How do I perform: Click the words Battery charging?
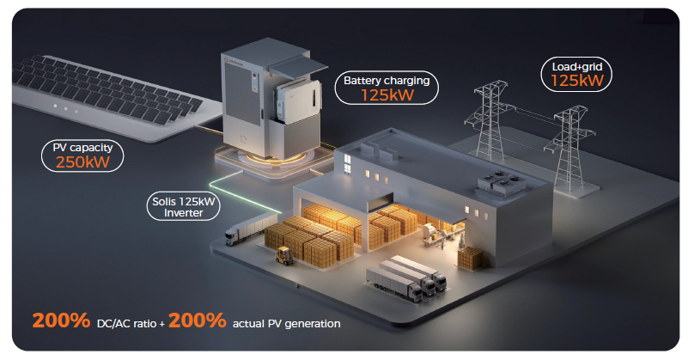tap(387, 81)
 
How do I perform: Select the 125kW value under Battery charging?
tap(387, 95)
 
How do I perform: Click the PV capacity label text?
tap(82, 147)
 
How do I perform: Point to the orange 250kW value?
tap(82, 162)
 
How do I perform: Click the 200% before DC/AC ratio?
tap(61, 322)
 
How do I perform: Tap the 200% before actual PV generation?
tap(197, 322)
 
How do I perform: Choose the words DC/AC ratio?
tap(128, 324)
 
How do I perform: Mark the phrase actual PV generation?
tap(287, 324)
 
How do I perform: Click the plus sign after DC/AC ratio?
tap(162, 324)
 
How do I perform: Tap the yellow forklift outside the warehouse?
tap(284, 254)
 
